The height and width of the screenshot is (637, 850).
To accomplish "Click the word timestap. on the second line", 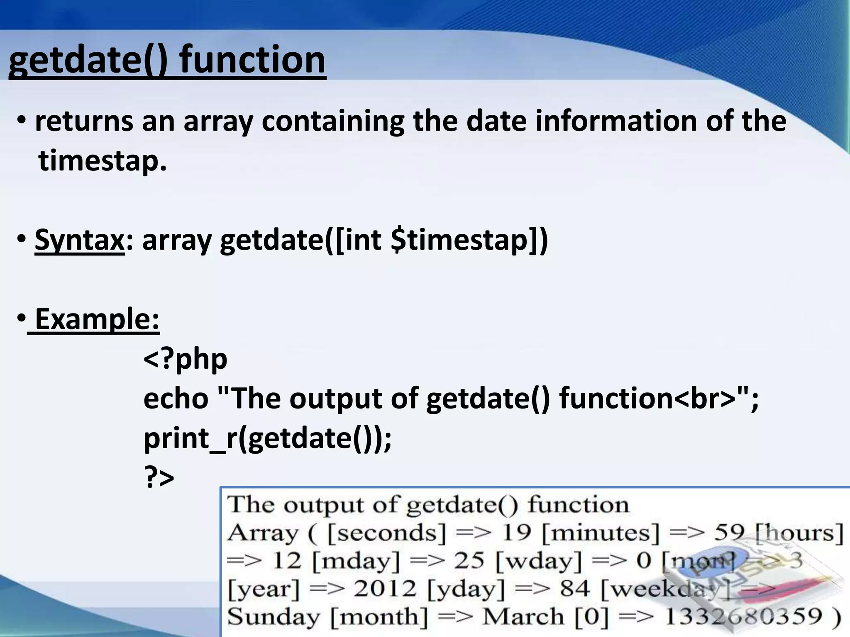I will (x=103, y=161).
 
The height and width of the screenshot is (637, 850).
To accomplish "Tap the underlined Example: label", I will (x=96, y=319).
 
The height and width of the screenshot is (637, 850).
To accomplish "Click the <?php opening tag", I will (x=185, y=359).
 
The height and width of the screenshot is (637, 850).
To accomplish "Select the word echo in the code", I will (x=176, y=399).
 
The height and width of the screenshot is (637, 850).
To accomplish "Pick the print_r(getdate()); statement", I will (x=267, y=438).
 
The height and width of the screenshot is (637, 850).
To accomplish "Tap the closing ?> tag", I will (x=159, y=478).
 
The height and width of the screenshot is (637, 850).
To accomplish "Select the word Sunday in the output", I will (x=274, y=617).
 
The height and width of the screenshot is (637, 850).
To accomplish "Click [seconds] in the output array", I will (x=386, y=532).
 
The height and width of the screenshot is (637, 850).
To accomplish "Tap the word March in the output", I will (x=523, y=617).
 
